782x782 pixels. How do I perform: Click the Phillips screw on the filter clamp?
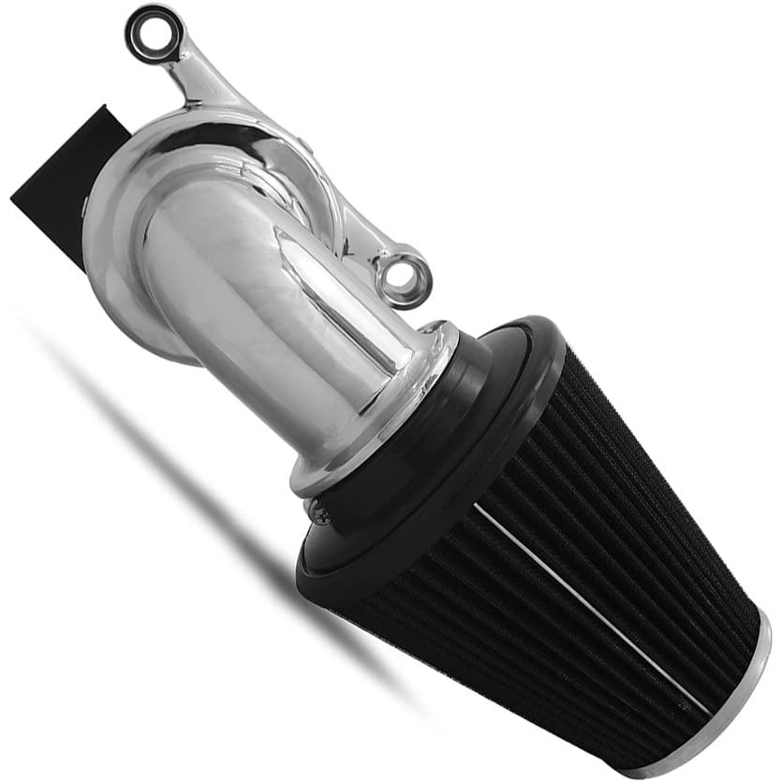coord(318,511)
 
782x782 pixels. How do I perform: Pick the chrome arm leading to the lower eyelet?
coord(365,234)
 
